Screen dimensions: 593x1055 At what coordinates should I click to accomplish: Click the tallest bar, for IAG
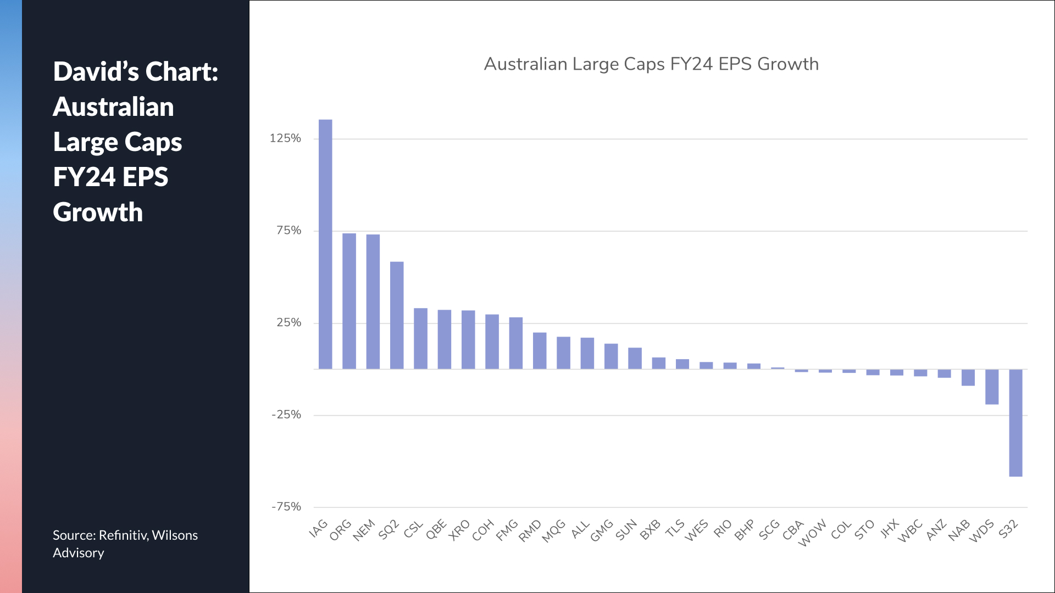pyautogui.click(x=325, y=244)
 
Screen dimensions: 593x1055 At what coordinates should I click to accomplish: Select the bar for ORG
pyautogui.click(x=349, y=301)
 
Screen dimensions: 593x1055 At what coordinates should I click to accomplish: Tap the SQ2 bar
pyautogui.click(x=397, y=315)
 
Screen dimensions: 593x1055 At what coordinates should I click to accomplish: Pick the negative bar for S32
pyautogui.click(x=1015, y=423)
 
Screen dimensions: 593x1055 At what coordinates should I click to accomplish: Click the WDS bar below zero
pyautogui.click(x=992, y=387)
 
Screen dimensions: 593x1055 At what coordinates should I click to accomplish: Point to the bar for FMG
pyautogui.click(x=516, y=343)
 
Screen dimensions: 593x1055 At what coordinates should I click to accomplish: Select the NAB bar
pyautogui.click(x=968, y=377)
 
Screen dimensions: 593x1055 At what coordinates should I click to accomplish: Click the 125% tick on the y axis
pyautogui.click(x=285, y=138)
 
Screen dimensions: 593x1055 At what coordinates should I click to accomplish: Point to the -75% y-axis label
pyautogui.click(x=286, y=507)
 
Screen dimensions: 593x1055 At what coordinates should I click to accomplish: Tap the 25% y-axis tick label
pyautogui.click(x=288, y=323)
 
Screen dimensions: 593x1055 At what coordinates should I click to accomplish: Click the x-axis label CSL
pyautogui.click(x=414, y=529)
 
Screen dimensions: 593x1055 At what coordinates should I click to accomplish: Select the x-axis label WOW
pyautogui.click(x=812, y=533)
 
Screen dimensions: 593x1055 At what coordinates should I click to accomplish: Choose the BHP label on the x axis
pyautogui.click(x=745, y=530)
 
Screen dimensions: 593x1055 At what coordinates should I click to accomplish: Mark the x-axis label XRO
pyautogui.click(x=459, y=530)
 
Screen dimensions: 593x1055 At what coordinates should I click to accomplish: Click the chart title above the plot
pyautogui.click(x=651, y=64)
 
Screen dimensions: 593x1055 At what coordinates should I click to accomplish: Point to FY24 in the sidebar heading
pyautogui.click(x=84, y=177)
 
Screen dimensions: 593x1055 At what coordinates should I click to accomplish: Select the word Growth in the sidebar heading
pyautogui.click(x=98, y=212)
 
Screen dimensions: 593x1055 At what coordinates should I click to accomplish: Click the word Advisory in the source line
pyautogui.click(x=78, y=553)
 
